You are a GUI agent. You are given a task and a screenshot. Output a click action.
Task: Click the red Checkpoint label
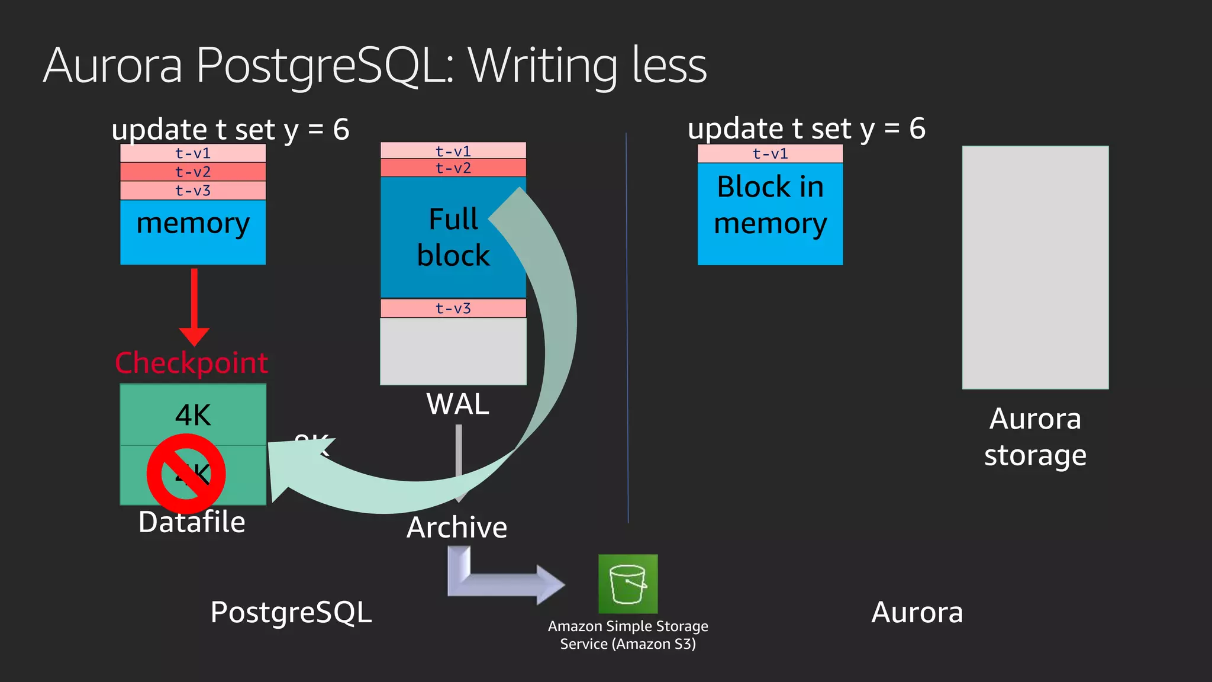pyautogui.click(x=191, y=362)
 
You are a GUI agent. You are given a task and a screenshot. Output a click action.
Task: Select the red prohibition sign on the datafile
pyautogui.click(x=186, y=474)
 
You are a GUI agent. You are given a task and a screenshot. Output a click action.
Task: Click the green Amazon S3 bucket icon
pyautogui.click(x=628, y=584)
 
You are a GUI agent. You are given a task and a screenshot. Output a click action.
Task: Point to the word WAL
pyautogui.click(x=457, y=404)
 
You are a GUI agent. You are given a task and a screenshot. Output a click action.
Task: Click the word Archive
pyautogui.click(x=457, y=527)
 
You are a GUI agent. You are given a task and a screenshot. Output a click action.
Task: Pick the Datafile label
pyautogui.click(x=192, y=522)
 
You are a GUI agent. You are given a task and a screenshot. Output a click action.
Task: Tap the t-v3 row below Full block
pyautogui.click(x=453, y=308)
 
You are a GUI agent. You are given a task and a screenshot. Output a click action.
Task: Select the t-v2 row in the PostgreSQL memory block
pyautogui.click(x=193, y=172)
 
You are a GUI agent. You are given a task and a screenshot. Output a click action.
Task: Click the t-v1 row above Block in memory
pyautogui.click(x=770, y=154)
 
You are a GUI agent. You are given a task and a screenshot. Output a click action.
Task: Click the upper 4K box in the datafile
pyautogui.click(x=193, y=414)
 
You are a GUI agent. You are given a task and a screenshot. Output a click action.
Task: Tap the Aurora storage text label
pyautogui.click(x=1035, y=437)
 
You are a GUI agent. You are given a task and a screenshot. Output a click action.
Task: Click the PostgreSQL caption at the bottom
pyautogui.click(x=291, y=612)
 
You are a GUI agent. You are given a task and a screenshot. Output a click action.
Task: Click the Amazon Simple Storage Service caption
pyautogui.click(x=628, y=635)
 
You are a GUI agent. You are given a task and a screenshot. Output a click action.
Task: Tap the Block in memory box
pyautogui.click(x=770, y=213)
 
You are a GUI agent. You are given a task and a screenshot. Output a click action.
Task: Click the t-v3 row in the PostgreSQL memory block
pyautogui.click(x=193, y=191)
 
